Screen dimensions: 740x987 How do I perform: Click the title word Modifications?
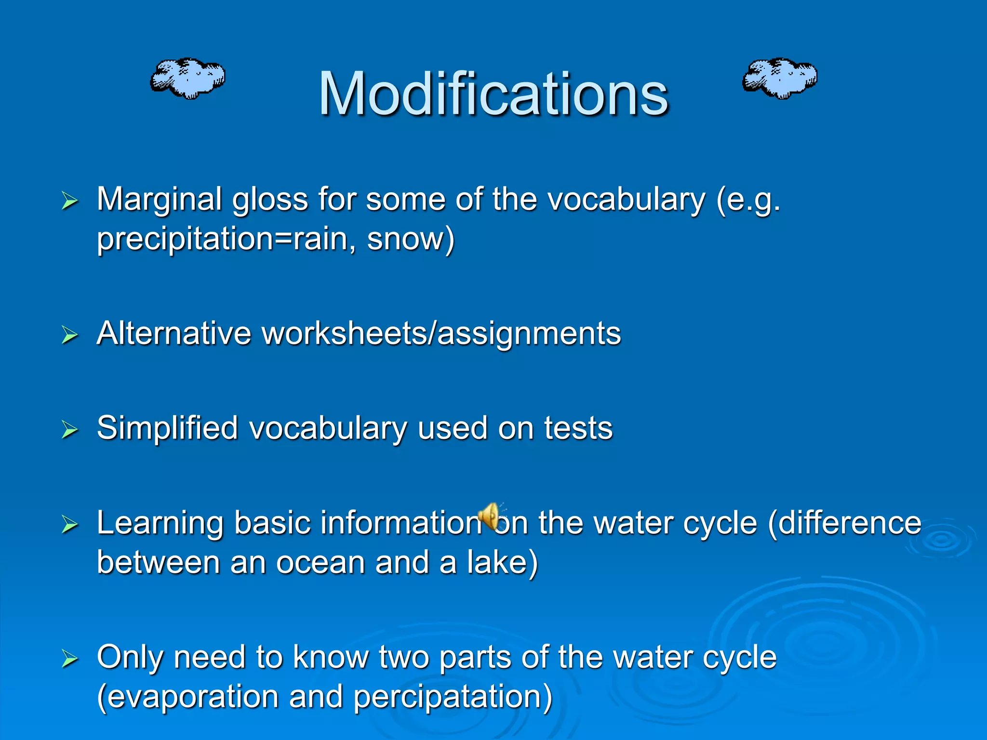coord(493,94)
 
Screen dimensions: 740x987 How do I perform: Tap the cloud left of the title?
coord(187,79)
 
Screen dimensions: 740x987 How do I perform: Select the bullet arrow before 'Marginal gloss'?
coord(70,201)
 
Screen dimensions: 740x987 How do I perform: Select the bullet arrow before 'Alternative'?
coord(70,334)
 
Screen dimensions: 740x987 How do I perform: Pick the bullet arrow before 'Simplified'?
coord(70,429)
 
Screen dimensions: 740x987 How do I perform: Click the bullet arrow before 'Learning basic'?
coord(70,524)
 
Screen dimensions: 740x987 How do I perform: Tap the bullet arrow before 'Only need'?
coord(70,658)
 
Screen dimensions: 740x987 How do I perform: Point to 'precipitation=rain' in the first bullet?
coord(222,239)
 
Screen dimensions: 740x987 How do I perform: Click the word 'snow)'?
coord(410,239)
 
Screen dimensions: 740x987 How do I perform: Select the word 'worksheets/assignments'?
coord(441,333)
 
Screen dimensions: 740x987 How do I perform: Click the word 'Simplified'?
coord(167,428)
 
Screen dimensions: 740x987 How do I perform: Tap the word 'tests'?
coord(578,428)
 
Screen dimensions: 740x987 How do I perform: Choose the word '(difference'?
coord(844,523)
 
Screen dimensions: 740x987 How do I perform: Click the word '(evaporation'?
coord(187,697)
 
